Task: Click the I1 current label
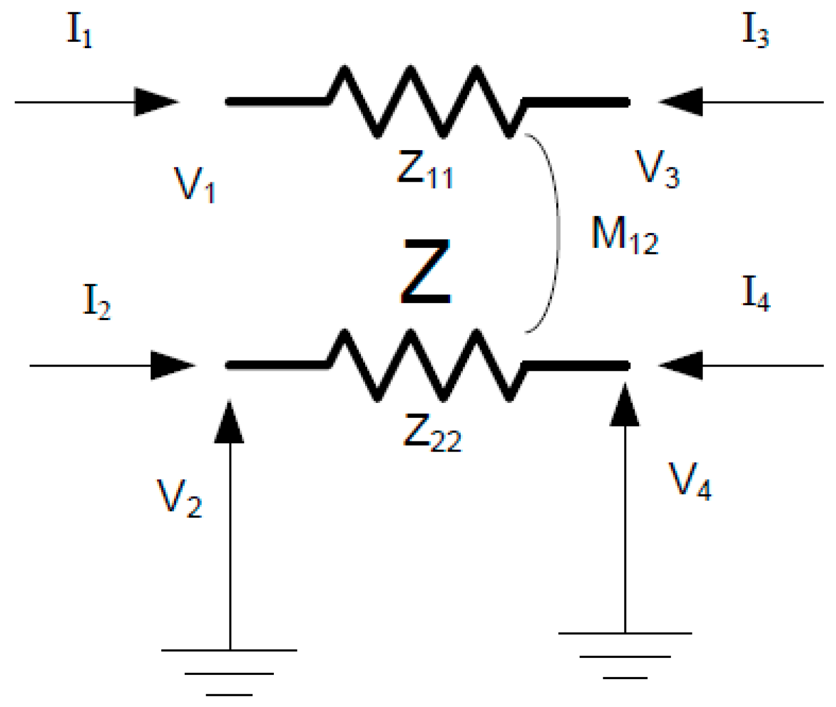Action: click(80, 31)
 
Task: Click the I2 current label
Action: click(97, 302)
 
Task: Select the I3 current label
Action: click(755, 31)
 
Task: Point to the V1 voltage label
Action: click(195, 184)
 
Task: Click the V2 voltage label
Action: click(179, 498)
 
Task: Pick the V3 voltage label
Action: click(657, 169)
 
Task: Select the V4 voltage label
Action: click(690, 481)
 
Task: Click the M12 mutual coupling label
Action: click(625, 235)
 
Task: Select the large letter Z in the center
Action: click(426, 271)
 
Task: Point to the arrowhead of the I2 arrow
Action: click(172, 366)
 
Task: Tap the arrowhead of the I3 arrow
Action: click(681, 102)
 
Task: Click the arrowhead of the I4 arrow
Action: click(681, 366)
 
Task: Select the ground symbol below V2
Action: click(230, 672)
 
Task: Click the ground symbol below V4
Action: click(625, 655)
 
